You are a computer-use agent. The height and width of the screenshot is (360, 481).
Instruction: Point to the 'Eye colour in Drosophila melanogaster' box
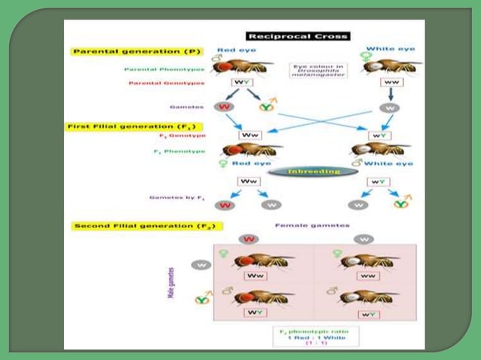(315, 72)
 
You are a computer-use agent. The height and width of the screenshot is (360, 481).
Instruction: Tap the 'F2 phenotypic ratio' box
(309, 335)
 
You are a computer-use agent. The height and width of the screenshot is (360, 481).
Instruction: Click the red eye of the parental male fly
(224, 68)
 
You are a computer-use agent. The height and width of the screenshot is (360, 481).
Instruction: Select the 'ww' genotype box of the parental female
(391, 82)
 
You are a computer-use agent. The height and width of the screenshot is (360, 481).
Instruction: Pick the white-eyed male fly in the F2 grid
(367, 297)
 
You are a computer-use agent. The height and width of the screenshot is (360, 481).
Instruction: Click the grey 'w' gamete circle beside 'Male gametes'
(201, 265)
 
